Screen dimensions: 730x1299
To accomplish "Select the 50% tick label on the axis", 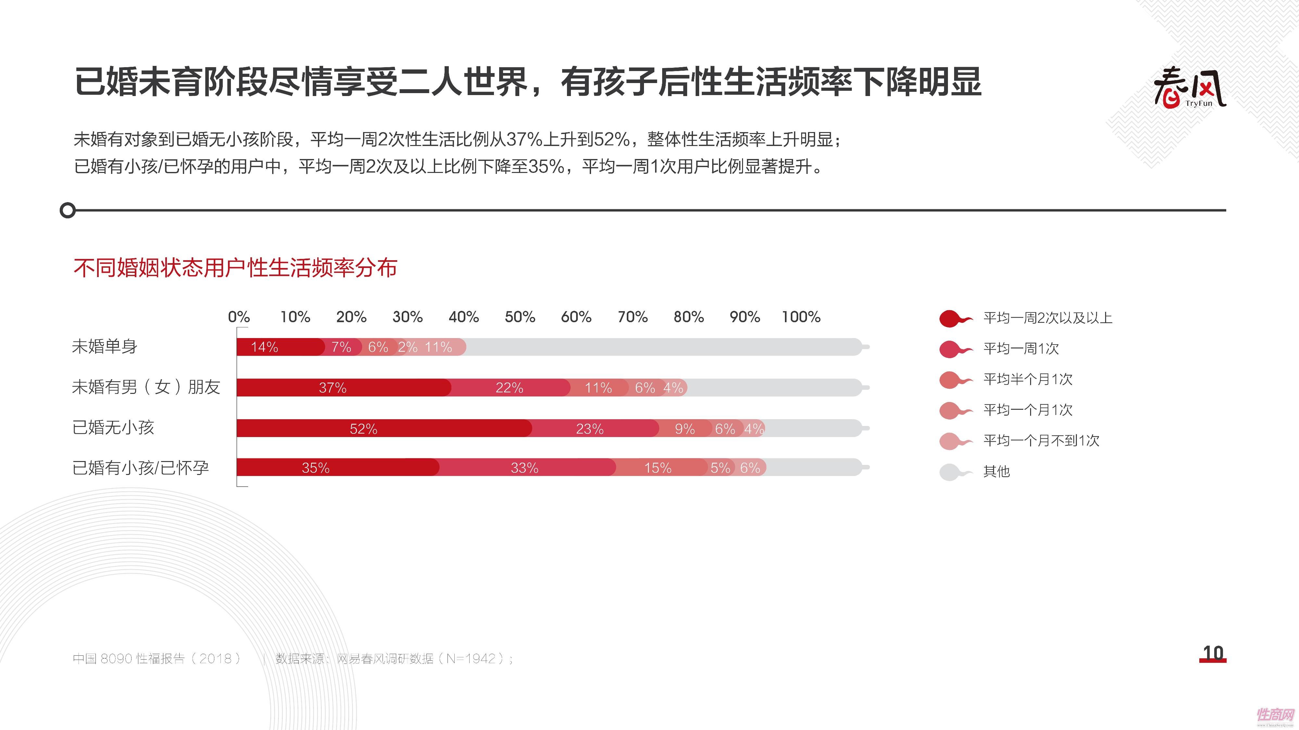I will pos(520,317).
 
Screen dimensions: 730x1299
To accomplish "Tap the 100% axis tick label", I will pos(801,317).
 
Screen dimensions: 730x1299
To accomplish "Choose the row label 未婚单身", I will pos(104,347).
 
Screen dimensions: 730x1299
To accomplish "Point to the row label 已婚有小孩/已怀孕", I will pos(141,468).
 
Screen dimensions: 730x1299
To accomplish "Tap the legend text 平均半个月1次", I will pos(1028,379).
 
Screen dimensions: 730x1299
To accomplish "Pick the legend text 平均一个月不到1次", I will pos(1041,441).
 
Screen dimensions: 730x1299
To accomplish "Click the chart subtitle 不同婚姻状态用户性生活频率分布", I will pos(235,268).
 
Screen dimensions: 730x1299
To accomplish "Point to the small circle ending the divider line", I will pos(68,210).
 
